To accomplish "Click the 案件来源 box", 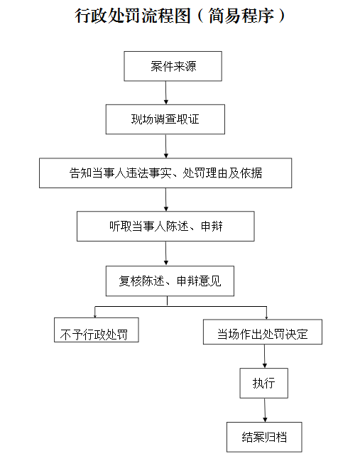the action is (x=173, y=66).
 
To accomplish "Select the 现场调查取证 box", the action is (x=165, y=119).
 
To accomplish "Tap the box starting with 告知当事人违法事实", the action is (x=165, y=173).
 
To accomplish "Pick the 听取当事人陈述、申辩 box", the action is (x=165, y=227).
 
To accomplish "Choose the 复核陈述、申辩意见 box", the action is (x=170, y=281).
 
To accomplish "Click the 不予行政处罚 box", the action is (x=97, y=330).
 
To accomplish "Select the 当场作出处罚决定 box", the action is (x=263, y=332).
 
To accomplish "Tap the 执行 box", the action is (x=263, y=383).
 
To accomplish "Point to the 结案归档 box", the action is (x=264, y=437).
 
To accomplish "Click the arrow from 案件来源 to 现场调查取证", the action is (x=166, y=93).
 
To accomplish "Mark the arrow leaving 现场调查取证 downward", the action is (x=166, y=146).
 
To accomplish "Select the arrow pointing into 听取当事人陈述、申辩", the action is (x=166, y=200).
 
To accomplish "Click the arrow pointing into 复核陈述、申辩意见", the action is (x=166, y=254).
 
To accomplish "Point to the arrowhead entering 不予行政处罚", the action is (x=95, y=316).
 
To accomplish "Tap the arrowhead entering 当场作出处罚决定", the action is (x=267, y=317).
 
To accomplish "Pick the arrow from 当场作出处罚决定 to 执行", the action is (x=265, y=357).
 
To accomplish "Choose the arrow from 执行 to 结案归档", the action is (x=265, y=411).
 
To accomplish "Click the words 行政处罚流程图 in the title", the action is (x=133, y=16).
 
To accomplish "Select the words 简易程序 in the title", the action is (x=241, y=16).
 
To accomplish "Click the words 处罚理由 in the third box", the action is (x=204, y=173).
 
